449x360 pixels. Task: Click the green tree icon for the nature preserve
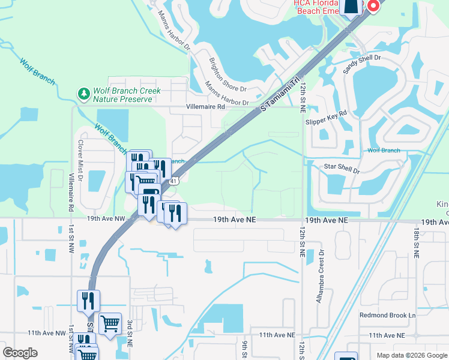point(83,93)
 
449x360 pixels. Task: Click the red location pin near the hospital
point(373,5)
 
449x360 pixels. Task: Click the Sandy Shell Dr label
point(362,63)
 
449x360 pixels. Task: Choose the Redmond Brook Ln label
point(387,315)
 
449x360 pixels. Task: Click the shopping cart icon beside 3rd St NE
point(110,324)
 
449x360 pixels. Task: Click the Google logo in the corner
point(20,353)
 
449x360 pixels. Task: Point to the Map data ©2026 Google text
point(411,355)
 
